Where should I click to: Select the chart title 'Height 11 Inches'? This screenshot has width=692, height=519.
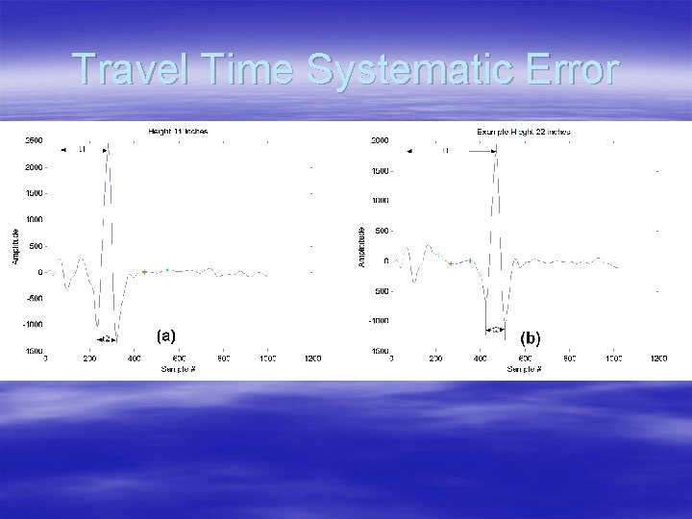coord(178,131)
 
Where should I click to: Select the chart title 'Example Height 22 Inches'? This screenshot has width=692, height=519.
coord(524,131)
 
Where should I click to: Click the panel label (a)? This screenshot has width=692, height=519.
coord(165,335)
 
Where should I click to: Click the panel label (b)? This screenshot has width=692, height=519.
coord(531,338)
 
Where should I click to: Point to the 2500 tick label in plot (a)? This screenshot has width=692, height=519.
coord(33,140)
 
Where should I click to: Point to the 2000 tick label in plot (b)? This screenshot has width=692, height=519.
coord(380,140)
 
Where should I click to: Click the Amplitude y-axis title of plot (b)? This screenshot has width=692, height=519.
coord(361,248)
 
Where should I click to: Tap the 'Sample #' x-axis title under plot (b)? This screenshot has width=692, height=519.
coord(525,369)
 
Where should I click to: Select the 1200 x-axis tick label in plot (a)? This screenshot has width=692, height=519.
coord(312,359)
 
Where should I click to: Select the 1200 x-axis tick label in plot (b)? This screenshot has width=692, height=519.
coord(658,359)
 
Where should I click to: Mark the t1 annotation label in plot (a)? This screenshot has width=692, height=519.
coord(82,150)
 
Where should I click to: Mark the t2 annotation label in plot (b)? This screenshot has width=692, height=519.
coord(496,329)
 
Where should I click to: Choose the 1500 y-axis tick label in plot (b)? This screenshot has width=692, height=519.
coord(380,171)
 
